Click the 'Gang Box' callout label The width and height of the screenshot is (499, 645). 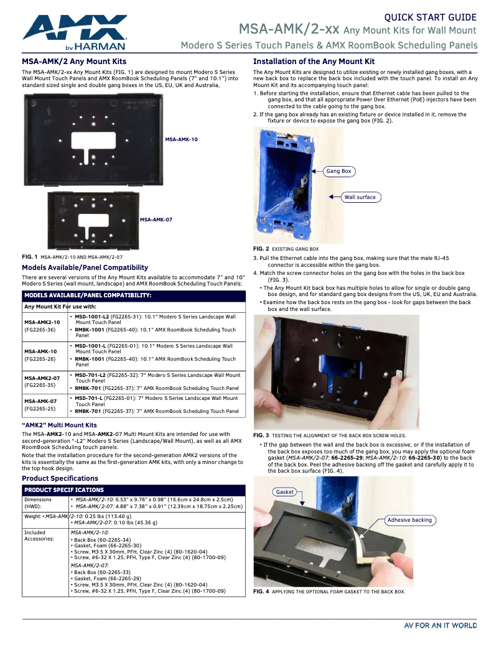(x=338, y=171)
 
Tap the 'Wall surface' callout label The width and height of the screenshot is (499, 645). (x=360, y=197)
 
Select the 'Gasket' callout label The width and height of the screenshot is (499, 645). (x=285, y=491)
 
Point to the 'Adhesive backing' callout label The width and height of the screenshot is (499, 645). (x=409, y=520)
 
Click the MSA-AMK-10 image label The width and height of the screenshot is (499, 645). (x=181, y=139)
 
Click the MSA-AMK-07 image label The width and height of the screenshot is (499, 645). (x=156, y=220)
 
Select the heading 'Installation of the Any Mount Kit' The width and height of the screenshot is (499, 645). (x=314, y=62)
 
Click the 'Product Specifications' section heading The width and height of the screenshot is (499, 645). (x=60, y=478)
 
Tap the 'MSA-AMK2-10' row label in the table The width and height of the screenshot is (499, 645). (x=42, y=322)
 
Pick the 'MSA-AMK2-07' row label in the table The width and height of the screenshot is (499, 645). (x=42, y=378)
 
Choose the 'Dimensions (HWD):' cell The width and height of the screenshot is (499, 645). (x=39, y=503)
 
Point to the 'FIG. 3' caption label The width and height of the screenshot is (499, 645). (x=261, y=435)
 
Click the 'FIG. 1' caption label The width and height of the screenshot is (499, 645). (x=30, y=256)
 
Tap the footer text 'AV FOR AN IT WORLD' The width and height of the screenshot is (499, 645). (x=440, y=625)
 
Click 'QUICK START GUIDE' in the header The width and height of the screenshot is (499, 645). (x=430, y=17)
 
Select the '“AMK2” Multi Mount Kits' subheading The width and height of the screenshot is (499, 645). (x=59, y=425)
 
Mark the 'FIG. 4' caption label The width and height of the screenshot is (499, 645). (x=261, y=592)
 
